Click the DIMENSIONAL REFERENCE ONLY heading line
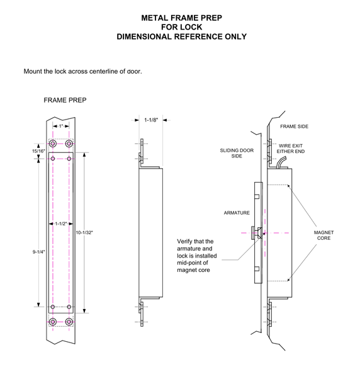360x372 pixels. (181, 37)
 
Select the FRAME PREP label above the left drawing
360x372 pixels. (65, 100)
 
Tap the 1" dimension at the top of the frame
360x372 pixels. (60, 127)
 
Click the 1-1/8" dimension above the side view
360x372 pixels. (151, 120)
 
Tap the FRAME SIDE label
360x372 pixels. (294, 127)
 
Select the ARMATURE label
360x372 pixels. (237, 213)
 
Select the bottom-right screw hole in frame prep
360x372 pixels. (69, 322)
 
